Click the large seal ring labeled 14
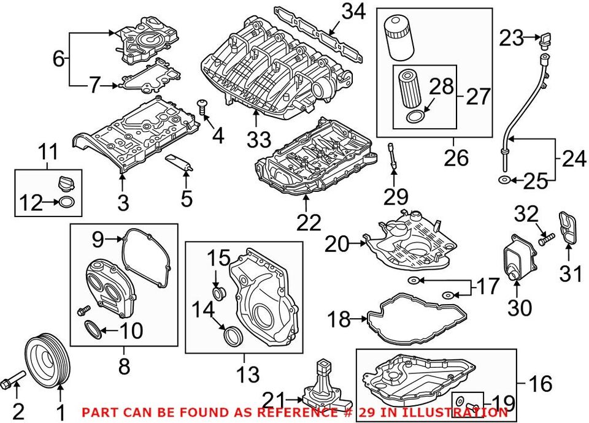pyautogui.click(x=234, y=335)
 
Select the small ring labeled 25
pyautogui.click(x=503, y=180)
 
